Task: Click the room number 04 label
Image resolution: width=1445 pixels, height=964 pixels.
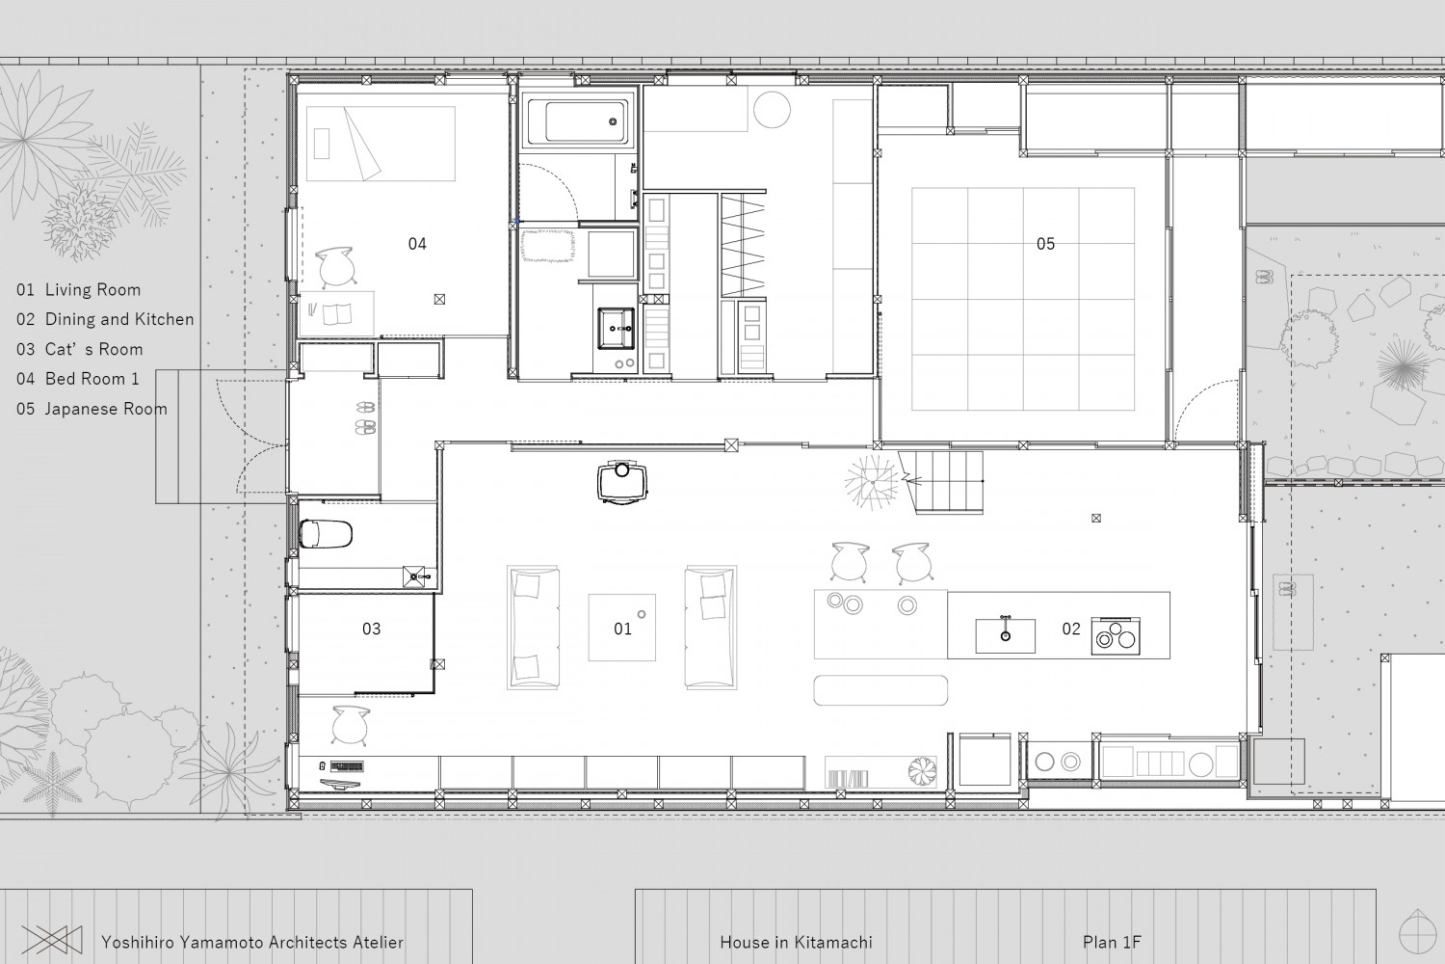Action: click(x=417, y=244)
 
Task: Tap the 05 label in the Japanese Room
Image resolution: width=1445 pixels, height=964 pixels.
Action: click(x=1045, y=244)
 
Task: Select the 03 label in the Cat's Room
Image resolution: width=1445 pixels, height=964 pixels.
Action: click(x=371, y=629)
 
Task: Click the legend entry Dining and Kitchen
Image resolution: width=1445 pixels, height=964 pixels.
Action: click(x=105, y=320)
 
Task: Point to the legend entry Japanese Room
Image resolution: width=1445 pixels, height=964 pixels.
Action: click(x=92, y=410)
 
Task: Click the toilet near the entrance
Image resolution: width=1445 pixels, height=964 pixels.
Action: click(x=326, y=534)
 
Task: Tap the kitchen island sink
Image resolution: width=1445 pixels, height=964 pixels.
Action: click(x=1005, y=635)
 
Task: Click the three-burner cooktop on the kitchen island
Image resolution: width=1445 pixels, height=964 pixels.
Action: click(x=1116, y=636)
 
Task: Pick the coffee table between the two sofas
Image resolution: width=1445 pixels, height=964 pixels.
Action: click(x=622, y=628)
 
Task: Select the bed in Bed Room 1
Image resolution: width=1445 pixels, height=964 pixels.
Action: click(x=381, y=144)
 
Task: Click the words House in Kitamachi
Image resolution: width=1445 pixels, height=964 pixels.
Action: click(x=796, y=943)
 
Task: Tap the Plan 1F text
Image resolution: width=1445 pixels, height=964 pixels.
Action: click(x=1112, y=943)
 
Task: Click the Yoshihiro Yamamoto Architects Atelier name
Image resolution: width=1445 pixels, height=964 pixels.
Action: click(x=252, y=943)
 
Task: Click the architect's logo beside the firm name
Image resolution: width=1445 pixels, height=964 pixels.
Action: click(x=52, y=940)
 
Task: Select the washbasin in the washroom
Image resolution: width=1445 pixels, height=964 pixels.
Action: click(x=617, y=328)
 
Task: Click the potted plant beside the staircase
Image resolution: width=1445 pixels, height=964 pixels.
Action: click(x=872, y=482)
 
